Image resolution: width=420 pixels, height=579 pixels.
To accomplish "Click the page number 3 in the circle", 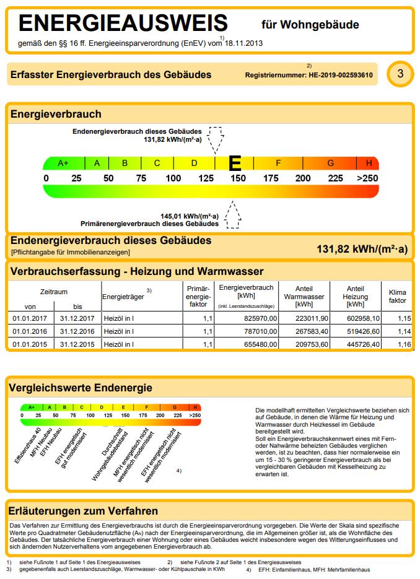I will [x=400, y=74].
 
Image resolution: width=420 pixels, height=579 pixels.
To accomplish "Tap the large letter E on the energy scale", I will [x=235, y=163].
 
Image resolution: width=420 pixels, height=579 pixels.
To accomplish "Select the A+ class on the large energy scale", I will [x=63, y=163].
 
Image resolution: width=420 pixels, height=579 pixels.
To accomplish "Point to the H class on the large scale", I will [x=369, y=163].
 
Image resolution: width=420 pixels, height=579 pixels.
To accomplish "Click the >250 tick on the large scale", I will [x=367, y=178].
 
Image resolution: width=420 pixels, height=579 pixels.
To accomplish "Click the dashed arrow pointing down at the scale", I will [x=216, y=141].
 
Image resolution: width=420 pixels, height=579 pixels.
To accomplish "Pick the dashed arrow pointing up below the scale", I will [x=233, y=214].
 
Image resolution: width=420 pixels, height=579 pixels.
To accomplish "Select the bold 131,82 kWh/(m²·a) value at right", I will [x=362, y=250].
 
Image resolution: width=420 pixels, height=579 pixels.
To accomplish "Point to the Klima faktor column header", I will [x=397, y=296].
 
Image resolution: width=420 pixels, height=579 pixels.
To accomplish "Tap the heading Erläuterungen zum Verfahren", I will [x=83, y=511].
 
